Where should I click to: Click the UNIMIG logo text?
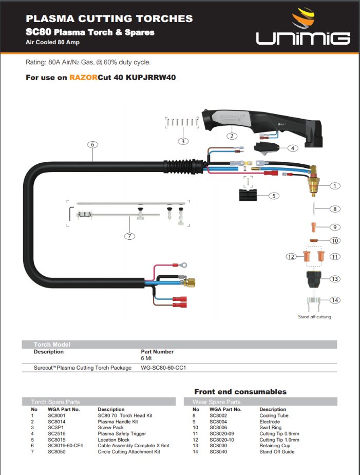tap(304, 37)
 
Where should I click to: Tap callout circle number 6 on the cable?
tap(92, 145)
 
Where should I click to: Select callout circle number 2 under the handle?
tap(232, 136)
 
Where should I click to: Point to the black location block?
tap(251, 195)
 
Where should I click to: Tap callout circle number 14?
tap(335, 300)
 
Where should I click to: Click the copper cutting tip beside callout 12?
tap(308, 255)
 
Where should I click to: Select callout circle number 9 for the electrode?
tap(335, 226)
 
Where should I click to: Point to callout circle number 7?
tap(129, 236)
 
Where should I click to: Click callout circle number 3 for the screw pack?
tap(183, 141)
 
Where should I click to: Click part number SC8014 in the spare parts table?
tap(56, 422)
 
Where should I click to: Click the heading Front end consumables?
tap(240, 391)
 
